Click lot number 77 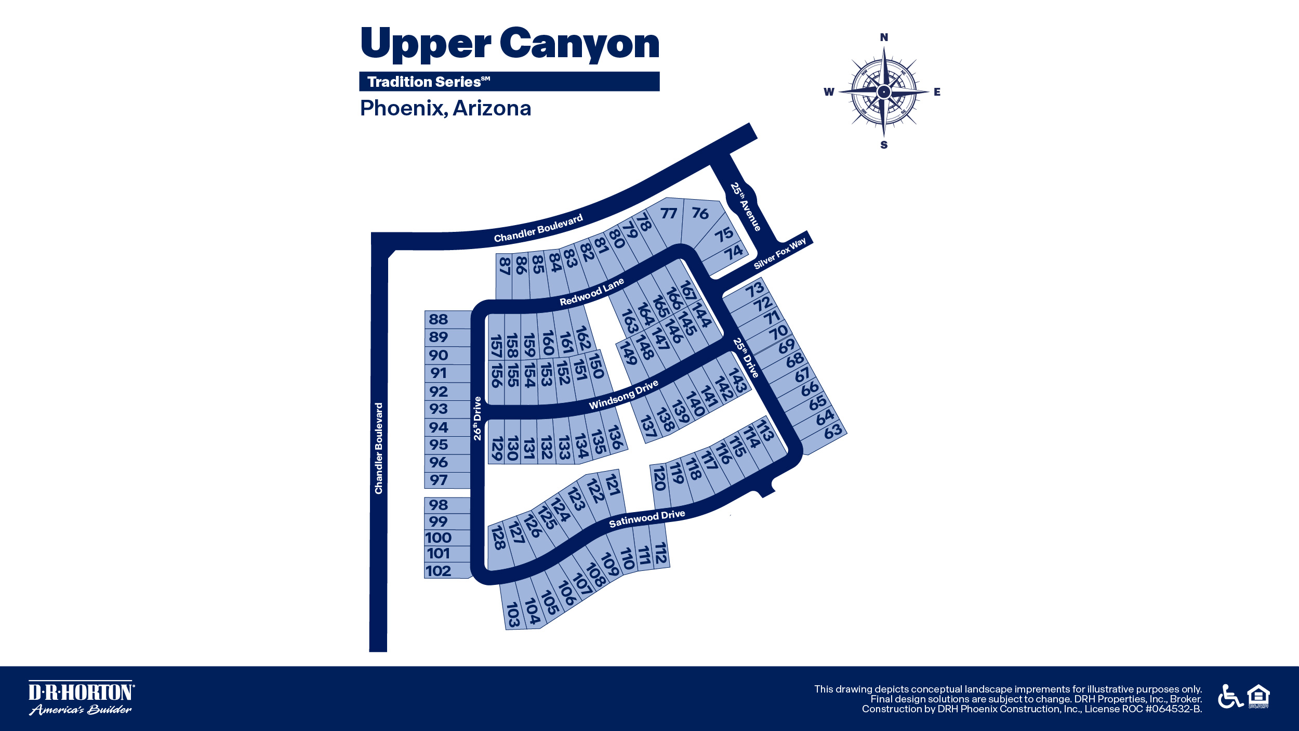point(669,213)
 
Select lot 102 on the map point(438,571)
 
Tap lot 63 point(833,431)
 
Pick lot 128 point(498,538)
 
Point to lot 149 point(628,353)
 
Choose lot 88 point(439,319)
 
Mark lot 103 point(513,615)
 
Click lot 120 point(659,478)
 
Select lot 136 point(615,437)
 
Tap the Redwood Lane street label point(591,292)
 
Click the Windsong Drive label point(624,395)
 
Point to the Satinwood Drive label point(647,518)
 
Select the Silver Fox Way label point(780,253)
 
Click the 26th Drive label point(478,419)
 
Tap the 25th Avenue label point(746,206)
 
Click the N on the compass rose point(884,37)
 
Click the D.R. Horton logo point(82,698)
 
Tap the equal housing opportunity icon point(1258,697)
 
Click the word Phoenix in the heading point(404,108)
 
